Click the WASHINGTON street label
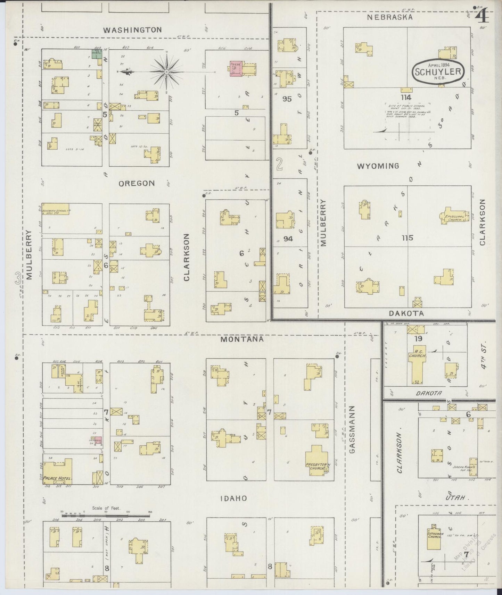click(x=132, y=30)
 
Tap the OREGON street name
click(x=137, y=183)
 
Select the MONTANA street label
click(x=242, y=339)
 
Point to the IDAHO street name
click(x=233, y=498)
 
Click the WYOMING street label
click(x=378, y=166)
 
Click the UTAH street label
click(x=456, y=498)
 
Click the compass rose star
click(x=166, y=72)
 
